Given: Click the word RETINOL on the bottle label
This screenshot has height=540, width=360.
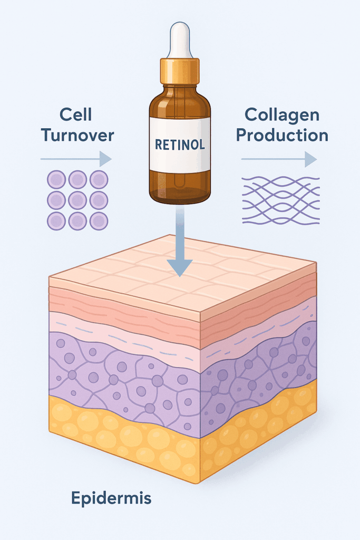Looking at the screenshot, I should click(x=180, y=143).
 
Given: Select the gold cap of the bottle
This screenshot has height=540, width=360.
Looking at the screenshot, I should click(x=180, y=71).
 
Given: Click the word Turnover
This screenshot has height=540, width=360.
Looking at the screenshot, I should click(x=78, y=135).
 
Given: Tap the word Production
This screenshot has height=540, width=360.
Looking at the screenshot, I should click(x=281, y=135).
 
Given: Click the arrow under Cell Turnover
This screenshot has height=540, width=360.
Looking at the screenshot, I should click(x=76, y=159).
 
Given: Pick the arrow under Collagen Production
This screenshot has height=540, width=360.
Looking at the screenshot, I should click(x=279, y=159).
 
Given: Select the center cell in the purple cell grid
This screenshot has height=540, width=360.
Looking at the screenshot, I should click(x=77, y=200).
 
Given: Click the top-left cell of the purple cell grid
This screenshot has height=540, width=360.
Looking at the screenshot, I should click(x=56, y=180).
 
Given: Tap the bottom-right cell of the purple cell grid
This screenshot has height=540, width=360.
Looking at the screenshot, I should click(x=99, y=221).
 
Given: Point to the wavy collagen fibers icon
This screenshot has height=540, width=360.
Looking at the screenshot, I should click(x=280, y=201).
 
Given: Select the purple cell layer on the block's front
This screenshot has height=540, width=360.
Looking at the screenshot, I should click(x=121, y=380).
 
